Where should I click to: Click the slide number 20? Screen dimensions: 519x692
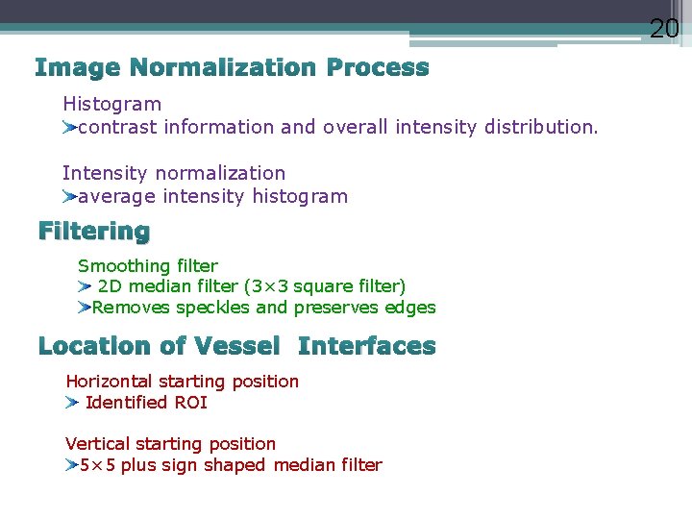coord(664,29)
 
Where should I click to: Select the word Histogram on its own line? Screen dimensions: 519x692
coord(111,104)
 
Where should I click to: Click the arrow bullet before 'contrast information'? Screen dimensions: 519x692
coord(69,127)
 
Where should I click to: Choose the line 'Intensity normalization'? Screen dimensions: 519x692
coord(174,173)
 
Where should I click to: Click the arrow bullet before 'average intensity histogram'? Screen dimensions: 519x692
coord(69,197)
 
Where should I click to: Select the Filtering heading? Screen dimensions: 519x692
coord(94,232)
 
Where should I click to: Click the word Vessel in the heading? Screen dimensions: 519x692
coord(236,346)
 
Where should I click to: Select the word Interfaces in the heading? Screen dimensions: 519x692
coord(367,346)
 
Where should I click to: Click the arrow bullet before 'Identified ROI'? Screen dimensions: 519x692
coord(72,403)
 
